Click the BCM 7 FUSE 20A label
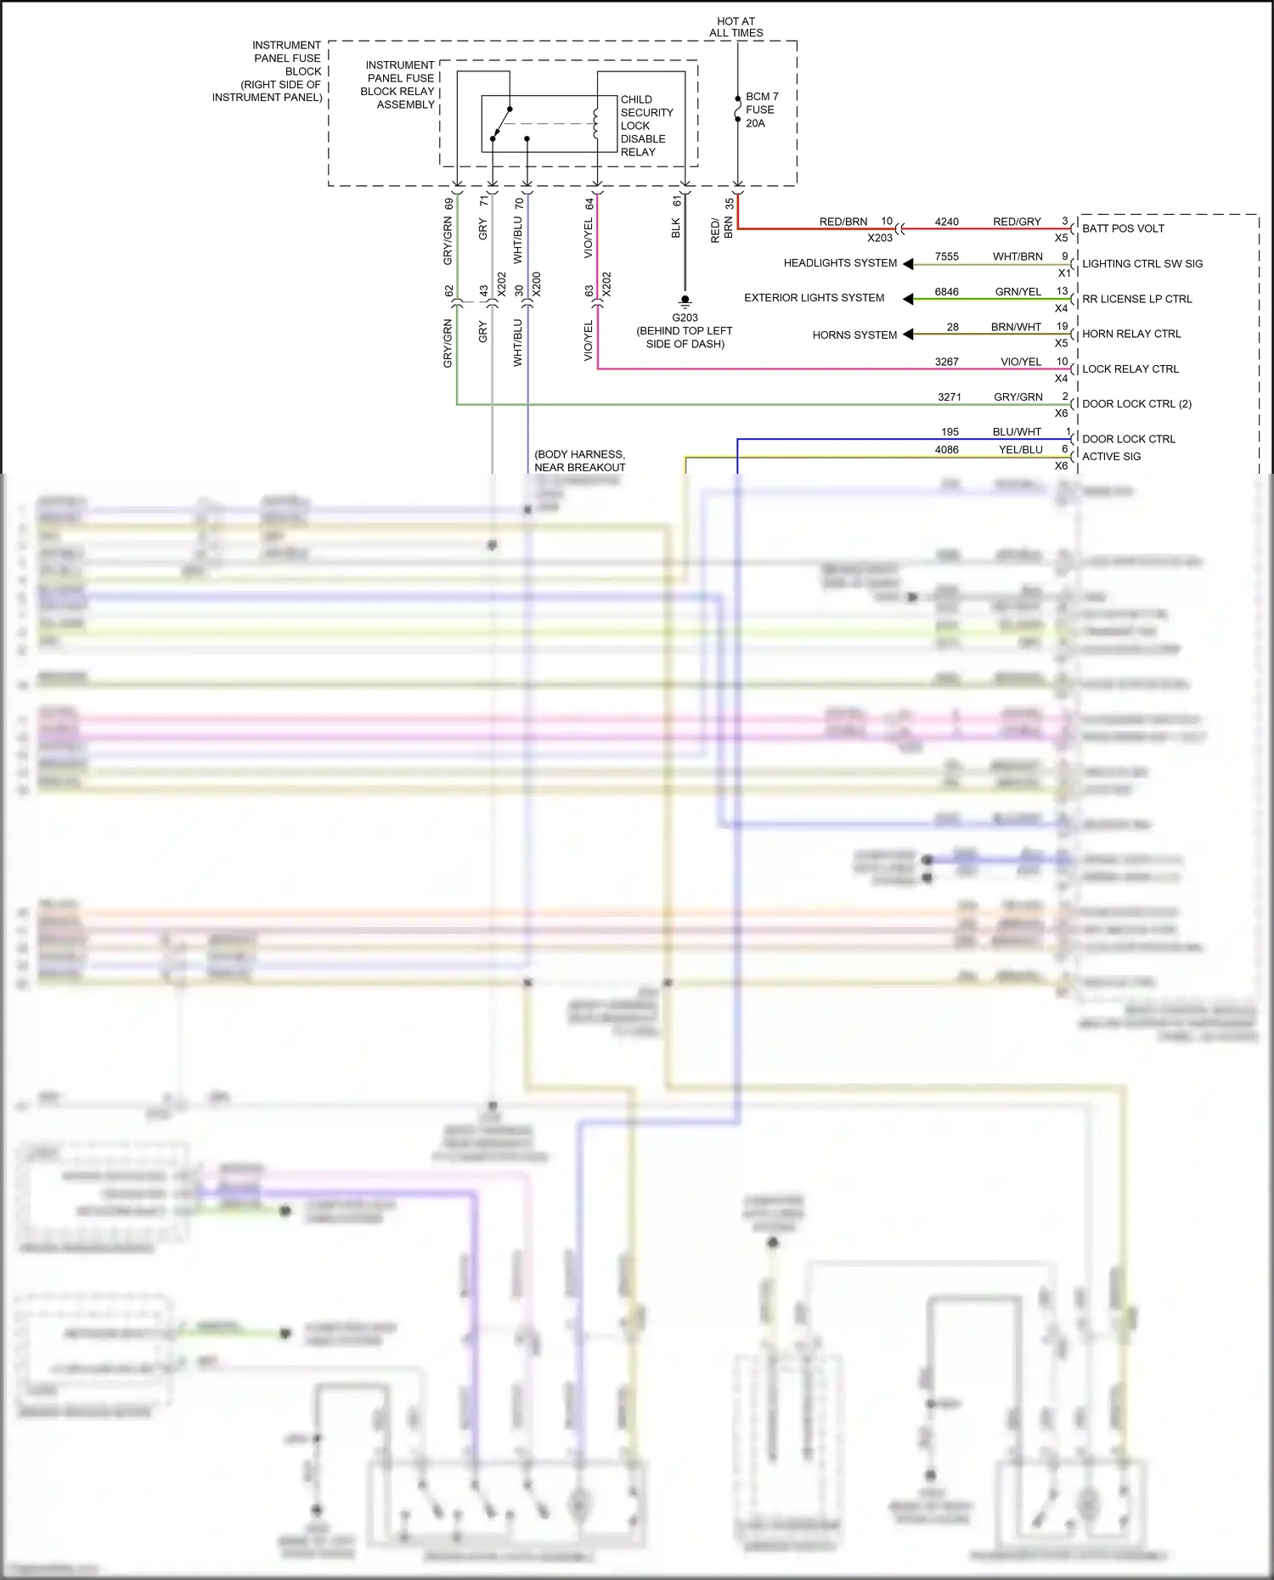761,110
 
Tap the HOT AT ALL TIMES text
736,27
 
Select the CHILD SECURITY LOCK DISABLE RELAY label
646,126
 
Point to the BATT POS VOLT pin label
1123,228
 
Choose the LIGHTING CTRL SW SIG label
1142,264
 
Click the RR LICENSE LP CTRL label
1136,299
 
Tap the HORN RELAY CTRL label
1131,334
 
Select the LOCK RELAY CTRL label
1130,369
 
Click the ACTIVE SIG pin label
1111,457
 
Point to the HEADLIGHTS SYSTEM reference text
840,263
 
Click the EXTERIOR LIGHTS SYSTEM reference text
814,298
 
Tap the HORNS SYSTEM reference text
854,335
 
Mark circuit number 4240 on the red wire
946,222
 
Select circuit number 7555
946,257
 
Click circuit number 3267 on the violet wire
946,363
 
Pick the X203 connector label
880,239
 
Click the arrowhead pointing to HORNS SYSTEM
908,335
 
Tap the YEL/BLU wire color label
1020,450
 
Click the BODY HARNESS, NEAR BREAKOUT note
579,461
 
